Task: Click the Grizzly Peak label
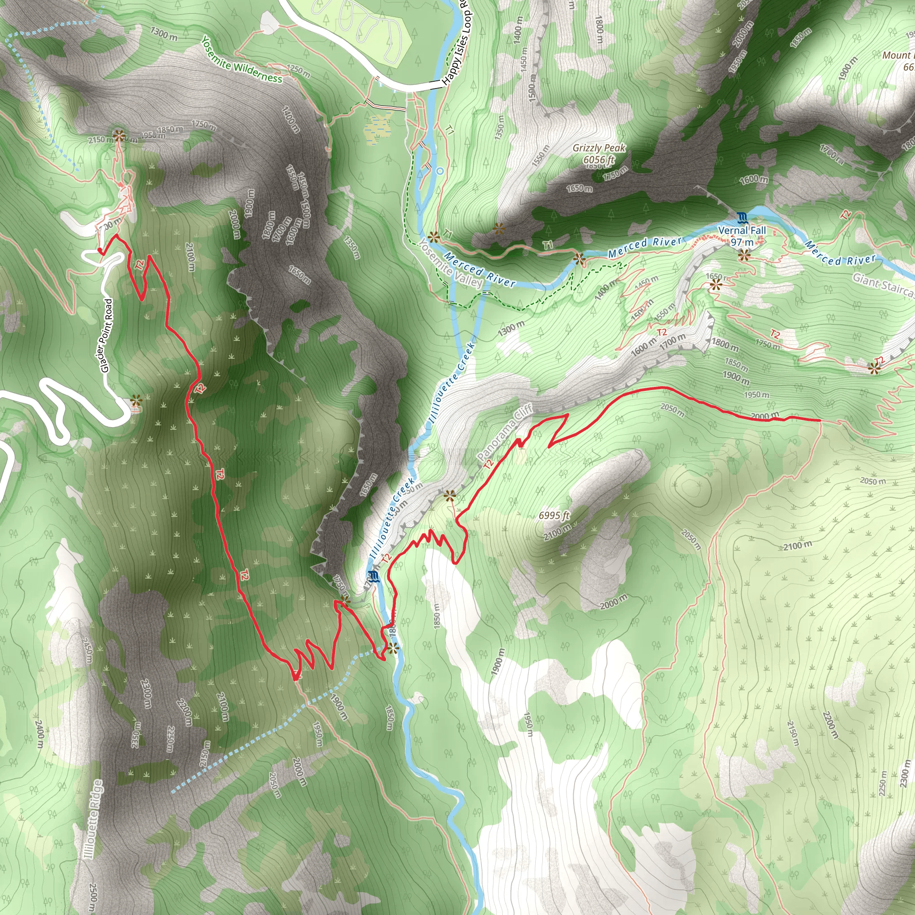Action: pos(599,148)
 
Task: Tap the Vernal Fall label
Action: pos(742,230)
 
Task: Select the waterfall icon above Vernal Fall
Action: pos(742,218)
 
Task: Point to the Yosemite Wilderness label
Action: pos(242,60)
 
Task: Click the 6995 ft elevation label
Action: pos(554,515)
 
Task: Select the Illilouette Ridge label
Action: pos(93,820)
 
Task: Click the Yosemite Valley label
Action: pos(451,265)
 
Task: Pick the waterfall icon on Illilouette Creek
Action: pos(373,576)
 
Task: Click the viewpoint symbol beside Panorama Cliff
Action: pos(449,496)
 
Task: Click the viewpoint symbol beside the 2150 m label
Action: pos(119,136)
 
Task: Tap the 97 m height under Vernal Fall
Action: pos(742,242)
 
